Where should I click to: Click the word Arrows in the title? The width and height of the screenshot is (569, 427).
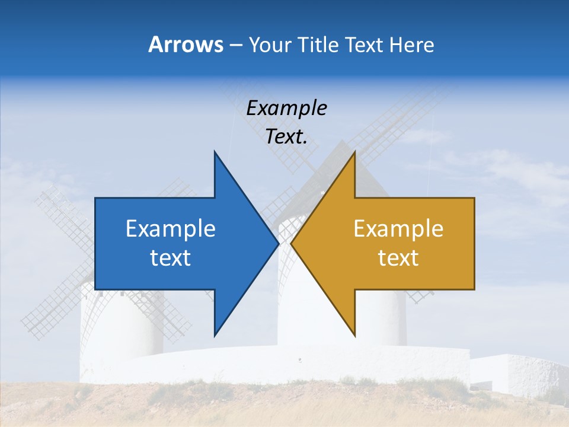tap(186, 44)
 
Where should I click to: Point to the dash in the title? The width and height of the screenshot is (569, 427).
tap(235, 45)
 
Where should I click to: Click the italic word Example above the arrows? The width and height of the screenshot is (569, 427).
tap(286, 109)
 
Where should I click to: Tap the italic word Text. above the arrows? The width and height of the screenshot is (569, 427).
tap(286, 137)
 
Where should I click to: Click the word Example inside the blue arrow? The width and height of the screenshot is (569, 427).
tap(171, 228)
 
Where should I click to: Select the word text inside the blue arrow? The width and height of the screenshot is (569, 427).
tap(171, 257)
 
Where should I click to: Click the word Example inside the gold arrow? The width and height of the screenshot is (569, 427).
tap(398, 228)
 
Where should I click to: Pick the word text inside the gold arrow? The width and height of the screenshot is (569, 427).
tap(398, 257)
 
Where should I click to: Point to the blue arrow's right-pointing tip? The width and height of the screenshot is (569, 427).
tap(278, 243)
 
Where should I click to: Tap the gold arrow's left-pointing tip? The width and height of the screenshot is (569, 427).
tap(292, 243)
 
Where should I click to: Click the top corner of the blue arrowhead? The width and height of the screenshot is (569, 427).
tap(215, 152)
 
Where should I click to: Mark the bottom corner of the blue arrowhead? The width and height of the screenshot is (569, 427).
tap(215, 336)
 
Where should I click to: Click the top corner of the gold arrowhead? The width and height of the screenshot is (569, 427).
tap(354, 152)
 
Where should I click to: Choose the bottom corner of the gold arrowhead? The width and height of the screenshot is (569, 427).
tap(354, 336)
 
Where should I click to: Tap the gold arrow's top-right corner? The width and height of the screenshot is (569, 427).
tap(474, 198)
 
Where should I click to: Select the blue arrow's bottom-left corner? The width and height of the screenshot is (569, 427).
tap(95, 289)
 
